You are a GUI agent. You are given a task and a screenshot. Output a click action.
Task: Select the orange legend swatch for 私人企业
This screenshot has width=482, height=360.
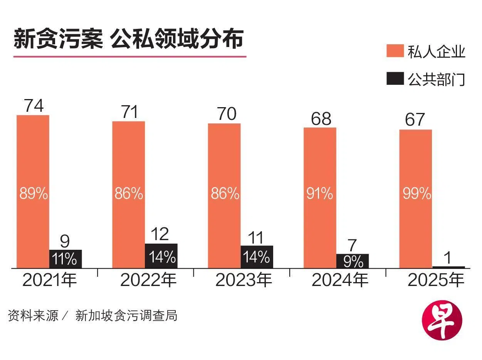coord(395,51)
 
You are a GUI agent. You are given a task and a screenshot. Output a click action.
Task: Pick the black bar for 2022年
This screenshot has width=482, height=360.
coord(161,256)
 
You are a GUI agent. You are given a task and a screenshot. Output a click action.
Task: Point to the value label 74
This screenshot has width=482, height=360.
coord(34,106)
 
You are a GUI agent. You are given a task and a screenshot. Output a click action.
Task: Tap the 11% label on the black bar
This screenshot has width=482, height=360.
coord(65,259)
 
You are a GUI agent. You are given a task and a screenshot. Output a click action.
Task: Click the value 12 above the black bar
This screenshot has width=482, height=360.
coord(160,234)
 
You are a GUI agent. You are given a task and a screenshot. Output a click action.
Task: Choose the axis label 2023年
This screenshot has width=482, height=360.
coord(244,280)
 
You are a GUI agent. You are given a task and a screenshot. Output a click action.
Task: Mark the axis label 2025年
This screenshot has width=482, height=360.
coord(435,280)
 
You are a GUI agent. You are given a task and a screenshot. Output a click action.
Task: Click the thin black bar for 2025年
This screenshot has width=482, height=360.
coord(448,267)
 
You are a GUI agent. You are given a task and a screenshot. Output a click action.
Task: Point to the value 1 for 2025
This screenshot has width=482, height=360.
coord(448,256)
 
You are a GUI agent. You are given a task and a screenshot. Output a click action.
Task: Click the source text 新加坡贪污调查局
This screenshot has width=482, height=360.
coord(126,316)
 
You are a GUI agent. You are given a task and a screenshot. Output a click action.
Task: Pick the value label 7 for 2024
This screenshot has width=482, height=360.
coord(352,245)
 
